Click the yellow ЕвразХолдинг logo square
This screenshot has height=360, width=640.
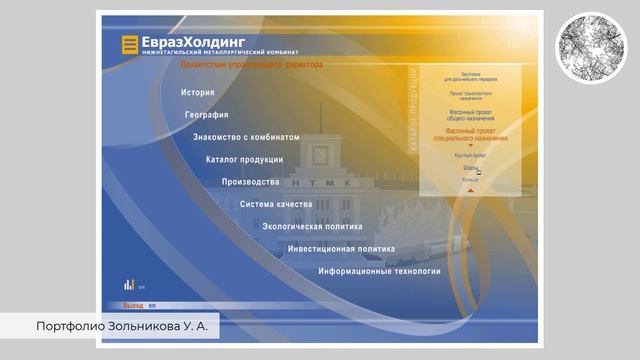click(x=128, y=44)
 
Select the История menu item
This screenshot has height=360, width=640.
click(x=198, y=93)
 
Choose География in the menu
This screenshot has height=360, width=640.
click(x=207, y=115)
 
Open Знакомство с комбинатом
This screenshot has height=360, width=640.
click(x=246, y=137)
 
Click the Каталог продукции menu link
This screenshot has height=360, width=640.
click(x=244, y=160)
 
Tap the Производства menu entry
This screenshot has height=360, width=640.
click(x=250, y=182)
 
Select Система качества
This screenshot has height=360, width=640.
click(x=276, y=204)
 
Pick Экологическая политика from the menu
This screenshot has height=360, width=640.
click(x=313, y=226)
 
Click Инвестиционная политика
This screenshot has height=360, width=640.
click(x=341, y=249)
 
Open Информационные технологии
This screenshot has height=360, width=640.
click(x=379, y=271)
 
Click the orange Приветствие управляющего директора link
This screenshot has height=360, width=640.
click(x=251, y=64)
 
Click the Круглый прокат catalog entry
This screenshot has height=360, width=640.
click(x=470, y=156)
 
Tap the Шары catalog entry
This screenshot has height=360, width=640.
click(x=469, y=168)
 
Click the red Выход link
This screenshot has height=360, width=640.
click(x=132, y=305)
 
